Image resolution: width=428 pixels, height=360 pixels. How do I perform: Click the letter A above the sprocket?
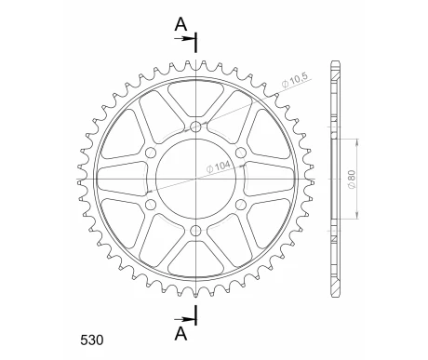180,25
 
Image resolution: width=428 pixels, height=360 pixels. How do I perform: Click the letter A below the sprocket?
180,332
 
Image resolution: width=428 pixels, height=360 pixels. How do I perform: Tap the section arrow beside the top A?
190,40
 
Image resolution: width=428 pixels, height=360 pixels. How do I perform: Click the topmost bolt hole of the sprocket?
195,127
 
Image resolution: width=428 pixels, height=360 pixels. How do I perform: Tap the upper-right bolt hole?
240,153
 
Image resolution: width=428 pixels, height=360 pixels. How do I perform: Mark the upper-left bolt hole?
151,153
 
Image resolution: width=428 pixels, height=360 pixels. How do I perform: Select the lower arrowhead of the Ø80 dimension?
357,217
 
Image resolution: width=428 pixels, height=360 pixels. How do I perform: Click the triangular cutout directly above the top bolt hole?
195,99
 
